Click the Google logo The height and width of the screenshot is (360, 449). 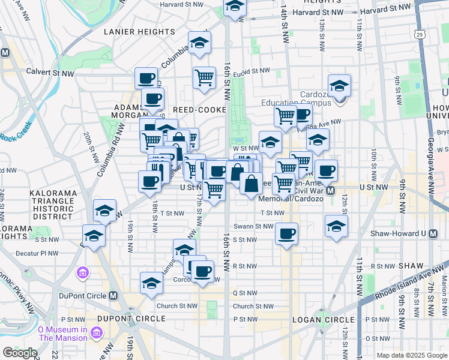[19, 353]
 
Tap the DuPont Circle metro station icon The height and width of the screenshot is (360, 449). [113, 296]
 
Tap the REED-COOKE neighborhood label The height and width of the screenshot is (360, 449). [198, 110]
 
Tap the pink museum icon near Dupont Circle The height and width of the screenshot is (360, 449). [82, 274]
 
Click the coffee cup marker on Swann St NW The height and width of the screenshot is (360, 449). [287, 232]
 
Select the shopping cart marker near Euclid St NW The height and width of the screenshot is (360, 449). [204, 77]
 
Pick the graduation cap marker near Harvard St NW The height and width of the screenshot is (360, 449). [235, 7]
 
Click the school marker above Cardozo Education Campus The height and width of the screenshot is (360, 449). [339, 85]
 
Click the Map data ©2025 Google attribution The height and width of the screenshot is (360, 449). [412, 355]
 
